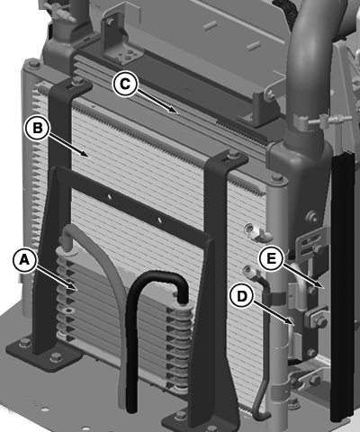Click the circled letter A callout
coord(24,259)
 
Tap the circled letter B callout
coord(37,128)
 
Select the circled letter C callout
coord(125,84)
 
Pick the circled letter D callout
coord(241,296)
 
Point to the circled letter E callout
coord(271,258)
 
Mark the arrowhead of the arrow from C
coord(175,112)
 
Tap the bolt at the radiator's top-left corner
coord(32,64)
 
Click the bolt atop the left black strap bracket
coord(77,80)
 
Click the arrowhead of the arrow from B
coord(86,155)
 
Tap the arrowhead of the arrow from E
coord(321,286)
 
